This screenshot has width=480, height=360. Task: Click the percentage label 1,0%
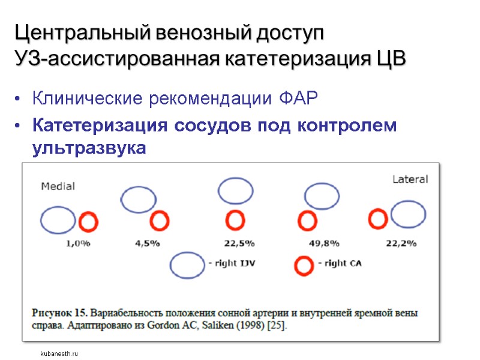tap(77, 244)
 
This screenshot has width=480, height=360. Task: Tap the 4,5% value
tap(148, 244)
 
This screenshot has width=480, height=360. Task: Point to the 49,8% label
tap(324, 244)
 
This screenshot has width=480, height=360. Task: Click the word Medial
tap(58, 186)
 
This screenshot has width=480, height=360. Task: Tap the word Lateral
tap(410, 179)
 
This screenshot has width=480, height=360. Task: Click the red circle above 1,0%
tap(88, 222)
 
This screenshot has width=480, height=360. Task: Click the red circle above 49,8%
tap(307, 221)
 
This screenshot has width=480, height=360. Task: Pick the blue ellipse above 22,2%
tap(408, 215)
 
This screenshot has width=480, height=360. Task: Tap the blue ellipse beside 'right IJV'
tap(187, 265)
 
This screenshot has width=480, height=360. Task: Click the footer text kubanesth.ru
tap(59, 354)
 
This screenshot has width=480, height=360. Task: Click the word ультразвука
tap(88, 148)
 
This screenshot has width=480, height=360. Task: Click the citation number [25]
tap(276, 326)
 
